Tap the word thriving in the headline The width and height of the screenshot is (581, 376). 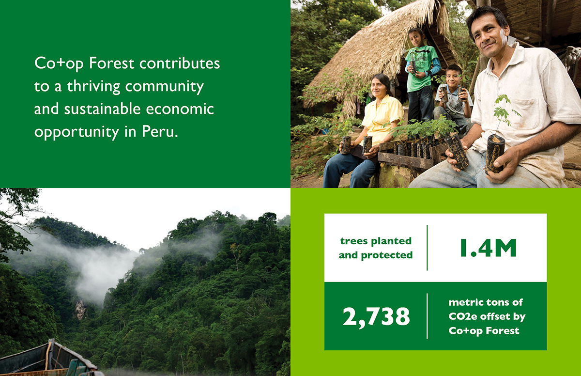click(x=93, y=86)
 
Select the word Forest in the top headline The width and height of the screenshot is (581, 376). click(x=111, y=63)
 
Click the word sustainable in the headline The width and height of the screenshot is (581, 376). click(x=103, y=109)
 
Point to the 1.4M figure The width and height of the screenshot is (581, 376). click(x=489, y=248)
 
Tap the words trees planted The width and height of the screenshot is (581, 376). click(x=376, y=241)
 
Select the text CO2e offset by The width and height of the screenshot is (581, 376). click(x=487, y=316)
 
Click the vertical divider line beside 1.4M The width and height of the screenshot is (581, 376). click(x=427, y=248)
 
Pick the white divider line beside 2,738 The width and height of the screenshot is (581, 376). click(x=427, y=316)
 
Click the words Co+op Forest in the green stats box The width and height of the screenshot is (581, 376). click(x=484, y=331)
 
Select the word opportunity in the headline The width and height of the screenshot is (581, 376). click(x=76, y=132)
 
